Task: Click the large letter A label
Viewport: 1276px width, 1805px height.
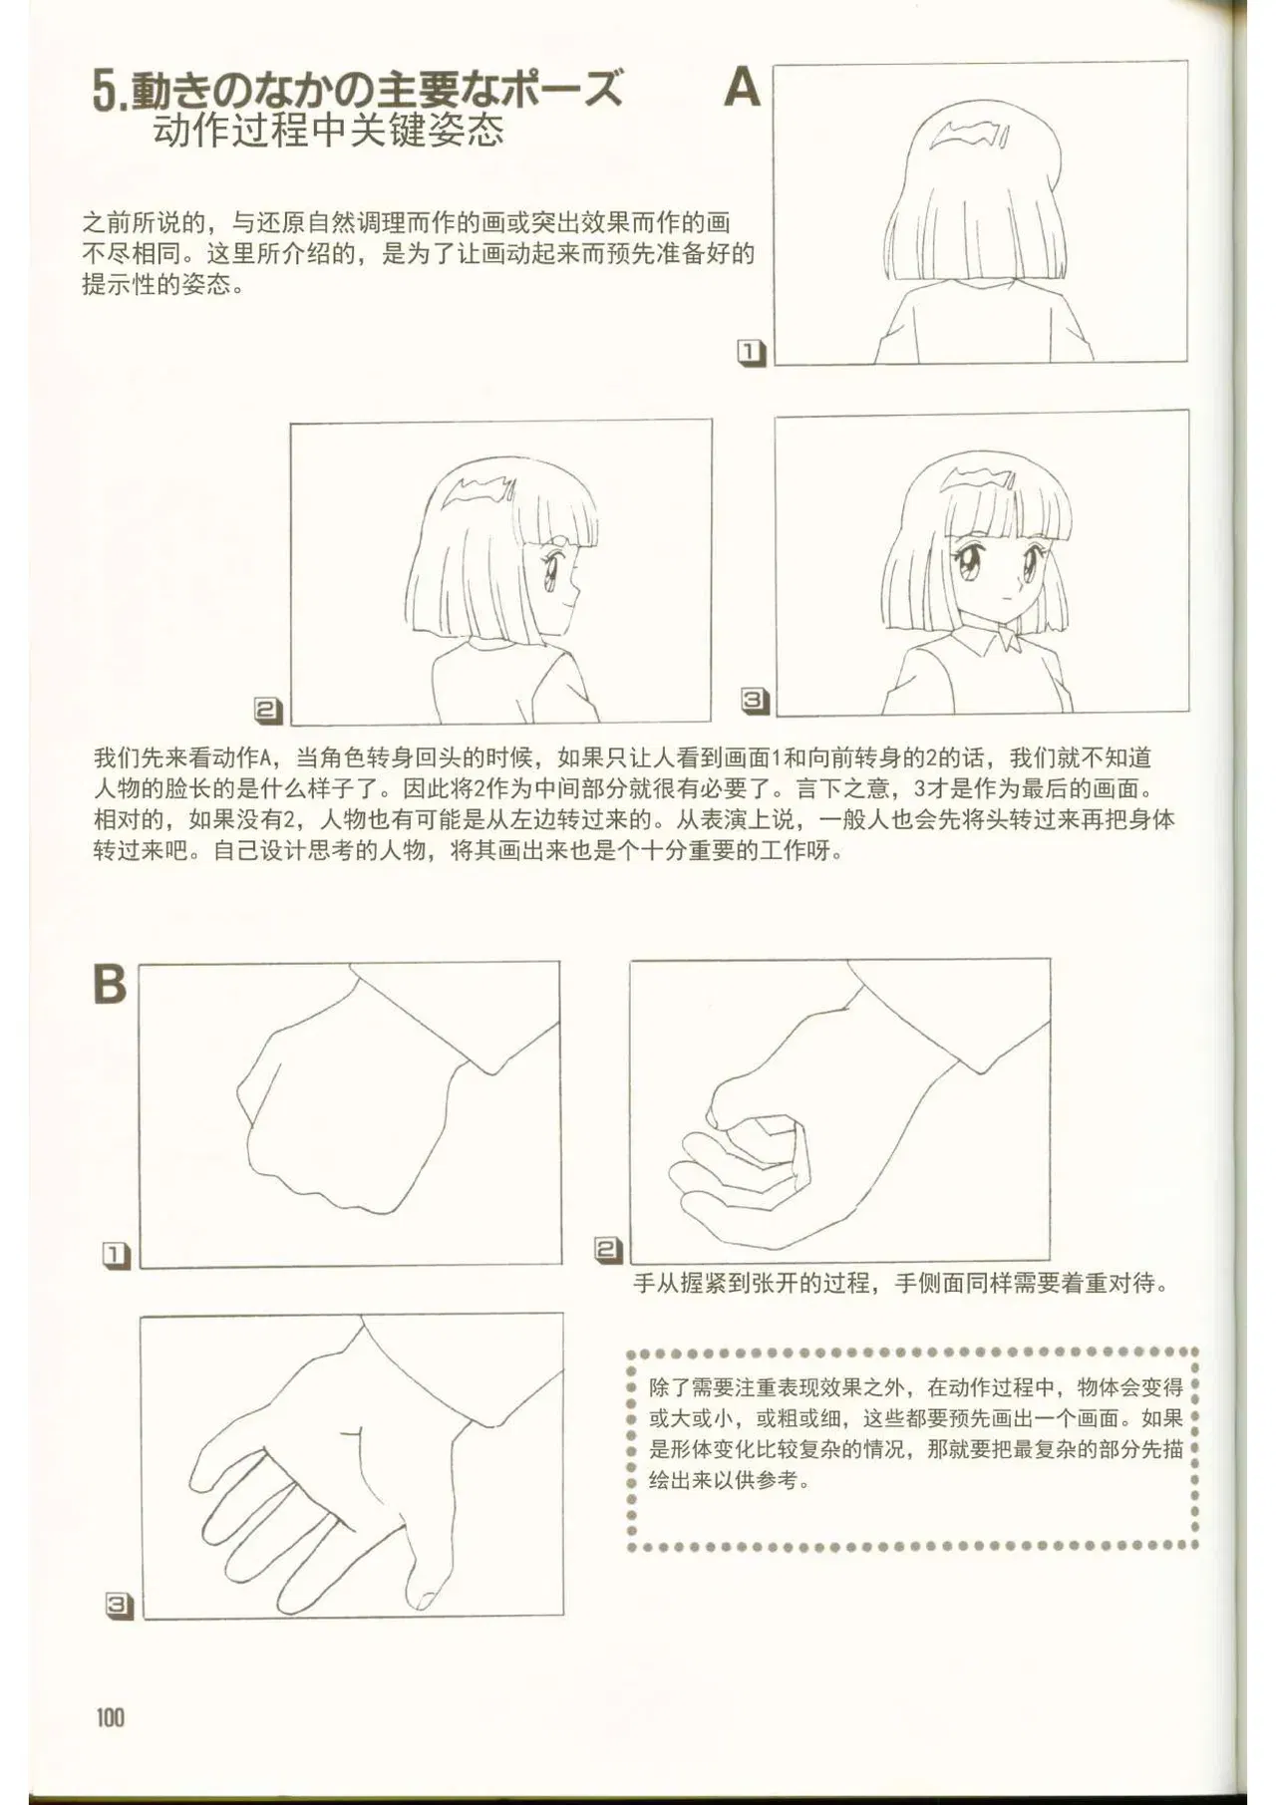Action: tap(742, 88)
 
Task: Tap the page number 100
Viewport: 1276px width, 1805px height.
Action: tap(111, 1716)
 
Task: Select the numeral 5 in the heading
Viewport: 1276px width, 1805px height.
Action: tap(105, 92)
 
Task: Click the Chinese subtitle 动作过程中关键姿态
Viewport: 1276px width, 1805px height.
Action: tap(329, 131)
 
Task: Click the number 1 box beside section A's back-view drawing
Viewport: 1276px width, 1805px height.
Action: tap(751, 353)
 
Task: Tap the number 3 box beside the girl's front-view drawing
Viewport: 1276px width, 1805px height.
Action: tap(755, 702)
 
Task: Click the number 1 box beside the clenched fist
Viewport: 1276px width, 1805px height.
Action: tap(117, 1256)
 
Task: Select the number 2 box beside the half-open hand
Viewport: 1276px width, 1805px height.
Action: tap(608, 1250)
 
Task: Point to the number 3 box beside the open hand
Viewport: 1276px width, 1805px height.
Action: tap(119, 1606)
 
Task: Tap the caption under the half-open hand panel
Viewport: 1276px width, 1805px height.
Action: tap(901, 1283)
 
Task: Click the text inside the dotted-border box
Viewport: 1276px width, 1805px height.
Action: tap(915, 1433)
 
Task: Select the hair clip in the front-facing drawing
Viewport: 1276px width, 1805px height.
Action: tap(981, 477)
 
